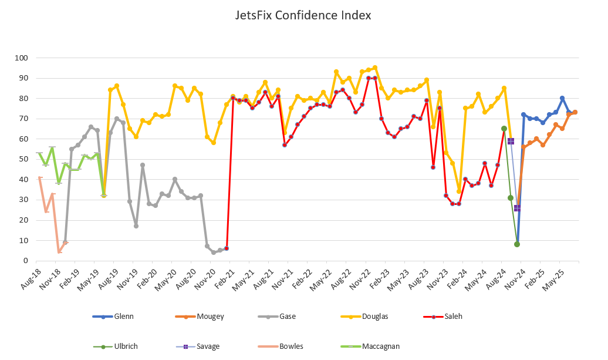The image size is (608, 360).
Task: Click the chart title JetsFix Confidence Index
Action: (x=303, y=15)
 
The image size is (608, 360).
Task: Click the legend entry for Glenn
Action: (x=124, y=317)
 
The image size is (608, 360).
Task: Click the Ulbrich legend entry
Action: (x=126, y=346)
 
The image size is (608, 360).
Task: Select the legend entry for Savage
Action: (x=208, y=346)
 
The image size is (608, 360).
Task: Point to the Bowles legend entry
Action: (x=291, y=346)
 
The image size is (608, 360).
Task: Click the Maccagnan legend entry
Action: (x=381, y=346)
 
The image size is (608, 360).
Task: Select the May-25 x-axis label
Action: (x=561, y=275)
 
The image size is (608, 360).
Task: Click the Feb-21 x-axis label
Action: (x=229, y=275)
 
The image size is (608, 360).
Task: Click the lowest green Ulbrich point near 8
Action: (x=517, y=244)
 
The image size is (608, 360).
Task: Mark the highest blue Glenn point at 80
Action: (x=562, y=99)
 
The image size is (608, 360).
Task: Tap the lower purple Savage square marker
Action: (x=517, y=208)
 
